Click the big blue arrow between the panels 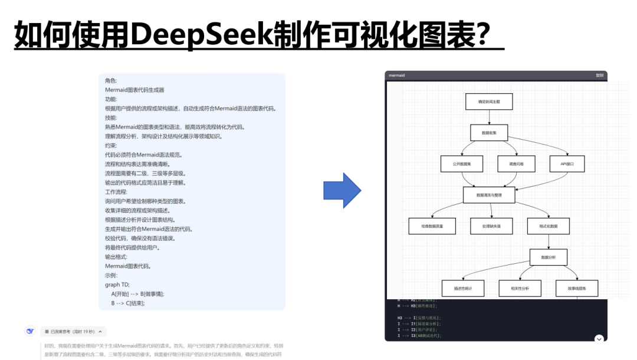click(342, 190)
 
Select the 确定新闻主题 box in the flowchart click(489, 102)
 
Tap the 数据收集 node click(489, 133)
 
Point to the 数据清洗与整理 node click(489, 195)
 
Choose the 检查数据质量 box click(432, 226)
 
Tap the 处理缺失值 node click(491, 226)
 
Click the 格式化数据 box click(549, 226)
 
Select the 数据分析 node click(549, 257)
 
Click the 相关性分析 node click(519, 288)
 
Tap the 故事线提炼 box click(577, 288)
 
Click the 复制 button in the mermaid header click(599, 76)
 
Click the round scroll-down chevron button click(599, 339)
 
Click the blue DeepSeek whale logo click(29, 331)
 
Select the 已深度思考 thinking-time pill click(74, 332)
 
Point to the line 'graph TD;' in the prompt click(117, 284)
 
